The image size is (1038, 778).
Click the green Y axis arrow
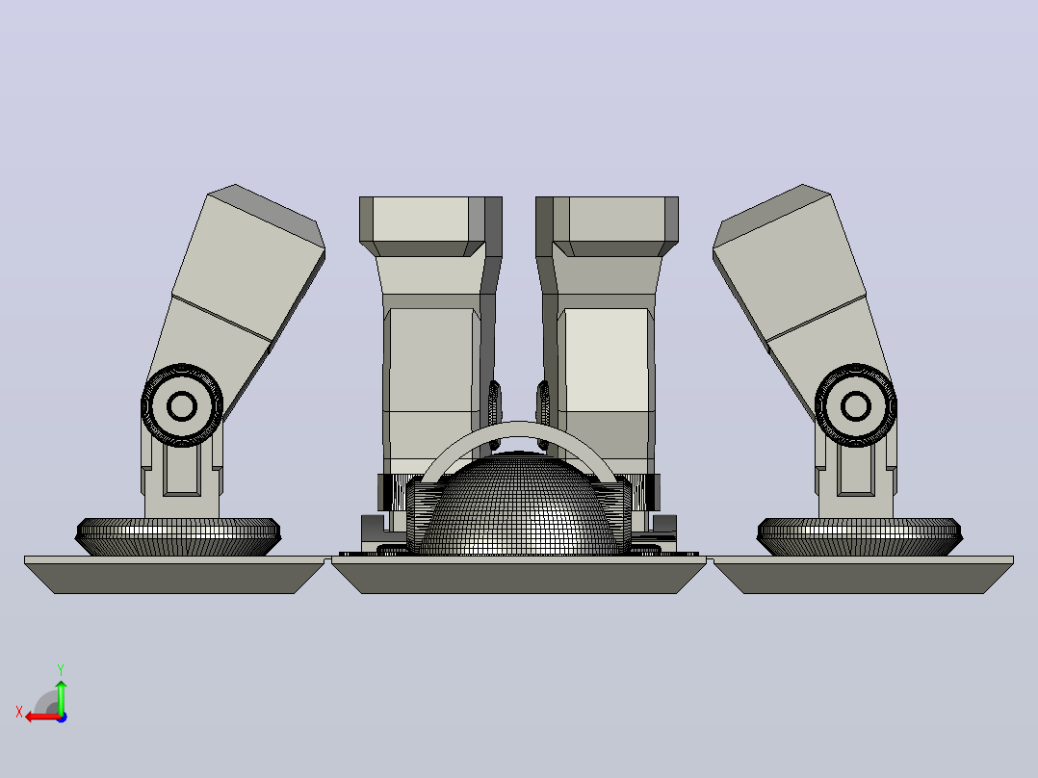point(61,696)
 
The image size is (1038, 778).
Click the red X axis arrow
point(43,716)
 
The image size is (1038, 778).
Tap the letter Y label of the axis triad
point(61,669)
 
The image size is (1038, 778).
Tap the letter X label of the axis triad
point(19,712)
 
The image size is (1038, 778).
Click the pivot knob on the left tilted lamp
point(182,405)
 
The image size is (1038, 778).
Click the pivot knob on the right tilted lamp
point(855,405)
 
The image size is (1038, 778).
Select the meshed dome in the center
point(518,506)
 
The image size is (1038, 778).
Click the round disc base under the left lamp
point(178,536)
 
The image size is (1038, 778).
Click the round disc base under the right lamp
point(859,536)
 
